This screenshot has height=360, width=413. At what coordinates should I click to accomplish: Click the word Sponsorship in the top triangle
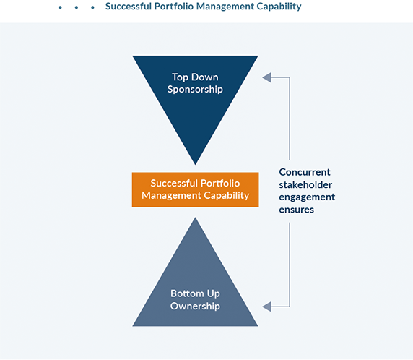(195, 90)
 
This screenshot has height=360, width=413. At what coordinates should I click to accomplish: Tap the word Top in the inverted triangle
(181, 77)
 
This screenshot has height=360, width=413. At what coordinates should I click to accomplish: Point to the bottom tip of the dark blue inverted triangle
(195, 163)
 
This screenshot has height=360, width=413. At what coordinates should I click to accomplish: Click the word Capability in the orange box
(227, 195)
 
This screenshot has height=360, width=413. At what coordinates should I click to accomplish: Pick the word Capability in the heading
(277, 7)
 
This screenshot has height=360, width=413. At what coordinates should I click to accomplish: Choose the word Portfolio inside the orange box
(219, 184)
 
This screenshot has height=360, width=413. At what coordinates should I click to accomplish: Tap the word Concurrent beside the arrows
(305, 172)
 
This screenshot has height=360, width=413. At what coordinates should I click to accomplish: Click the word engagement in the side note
(307, 197)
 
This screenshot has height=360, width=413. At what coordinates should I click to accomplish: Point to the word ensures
(297, 210)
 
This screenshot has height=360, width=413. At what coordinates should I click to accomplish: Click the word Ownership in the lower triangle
(195, 307)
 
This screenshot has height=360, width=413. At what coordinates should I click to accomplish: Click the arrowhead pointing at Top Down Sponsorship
(266, 77)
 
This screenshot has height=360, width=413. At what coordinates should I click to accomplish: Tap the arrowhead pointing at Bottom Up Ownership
(266, 307)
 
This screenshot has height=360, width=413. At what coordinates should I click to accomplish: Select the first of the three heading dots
(61, 7)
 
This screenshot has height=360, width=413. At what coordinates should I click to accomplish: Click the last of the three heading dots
(92, 7)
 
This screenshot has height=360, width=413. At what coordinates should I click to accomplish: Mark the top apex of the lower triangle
(195, 219)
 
